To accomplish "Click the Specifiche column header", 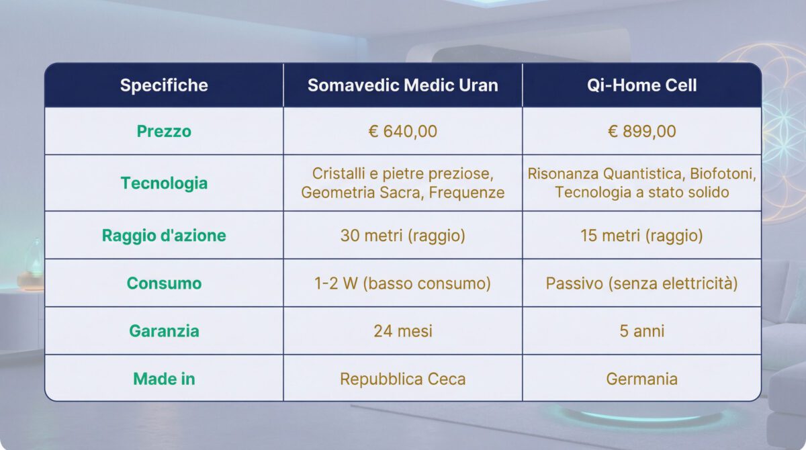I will point(164,85).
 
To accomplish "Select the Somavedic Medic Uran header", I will point(403,85).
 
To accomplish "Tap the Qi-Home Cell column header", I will point(641,85).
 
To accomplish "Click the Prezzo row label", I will point(164,131).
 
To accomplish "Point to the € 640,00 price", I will point(403,131).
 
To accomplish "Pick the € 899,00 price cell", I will point(641,131).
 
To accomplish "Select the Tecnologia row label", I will point(164,183).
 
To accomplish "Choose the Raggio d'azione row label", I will point(164,236).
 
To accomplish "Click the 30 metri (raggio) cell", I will point(403,236).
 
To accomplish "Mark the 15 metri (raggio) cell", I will point(641,236).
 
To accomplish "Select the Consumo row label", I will point(164,283).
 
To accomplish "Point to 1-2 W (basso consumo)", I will point(403,283).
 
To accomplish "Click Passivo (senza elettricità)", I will point(641,283).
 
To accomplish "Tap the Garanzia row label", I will point(164,331).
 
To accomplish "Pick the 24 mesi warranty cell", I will point(403,331).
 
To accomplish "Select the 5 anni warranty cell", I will point(641,331).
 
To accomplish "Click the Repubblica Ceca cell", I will point(403,379).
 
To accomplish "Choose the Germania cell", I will point(641,379).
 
